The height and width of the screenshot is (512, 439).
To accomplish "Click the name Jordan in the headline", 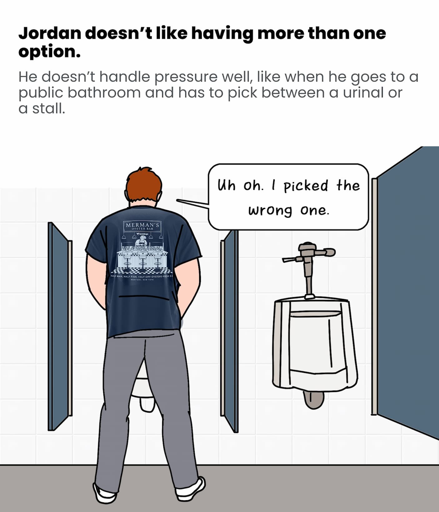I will point(50,33).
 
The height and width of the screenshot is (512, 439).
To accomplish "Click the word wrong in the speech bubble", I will point(270,211).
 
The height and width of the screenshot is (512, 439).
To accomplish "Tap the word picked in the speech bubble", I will point(306,186).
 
